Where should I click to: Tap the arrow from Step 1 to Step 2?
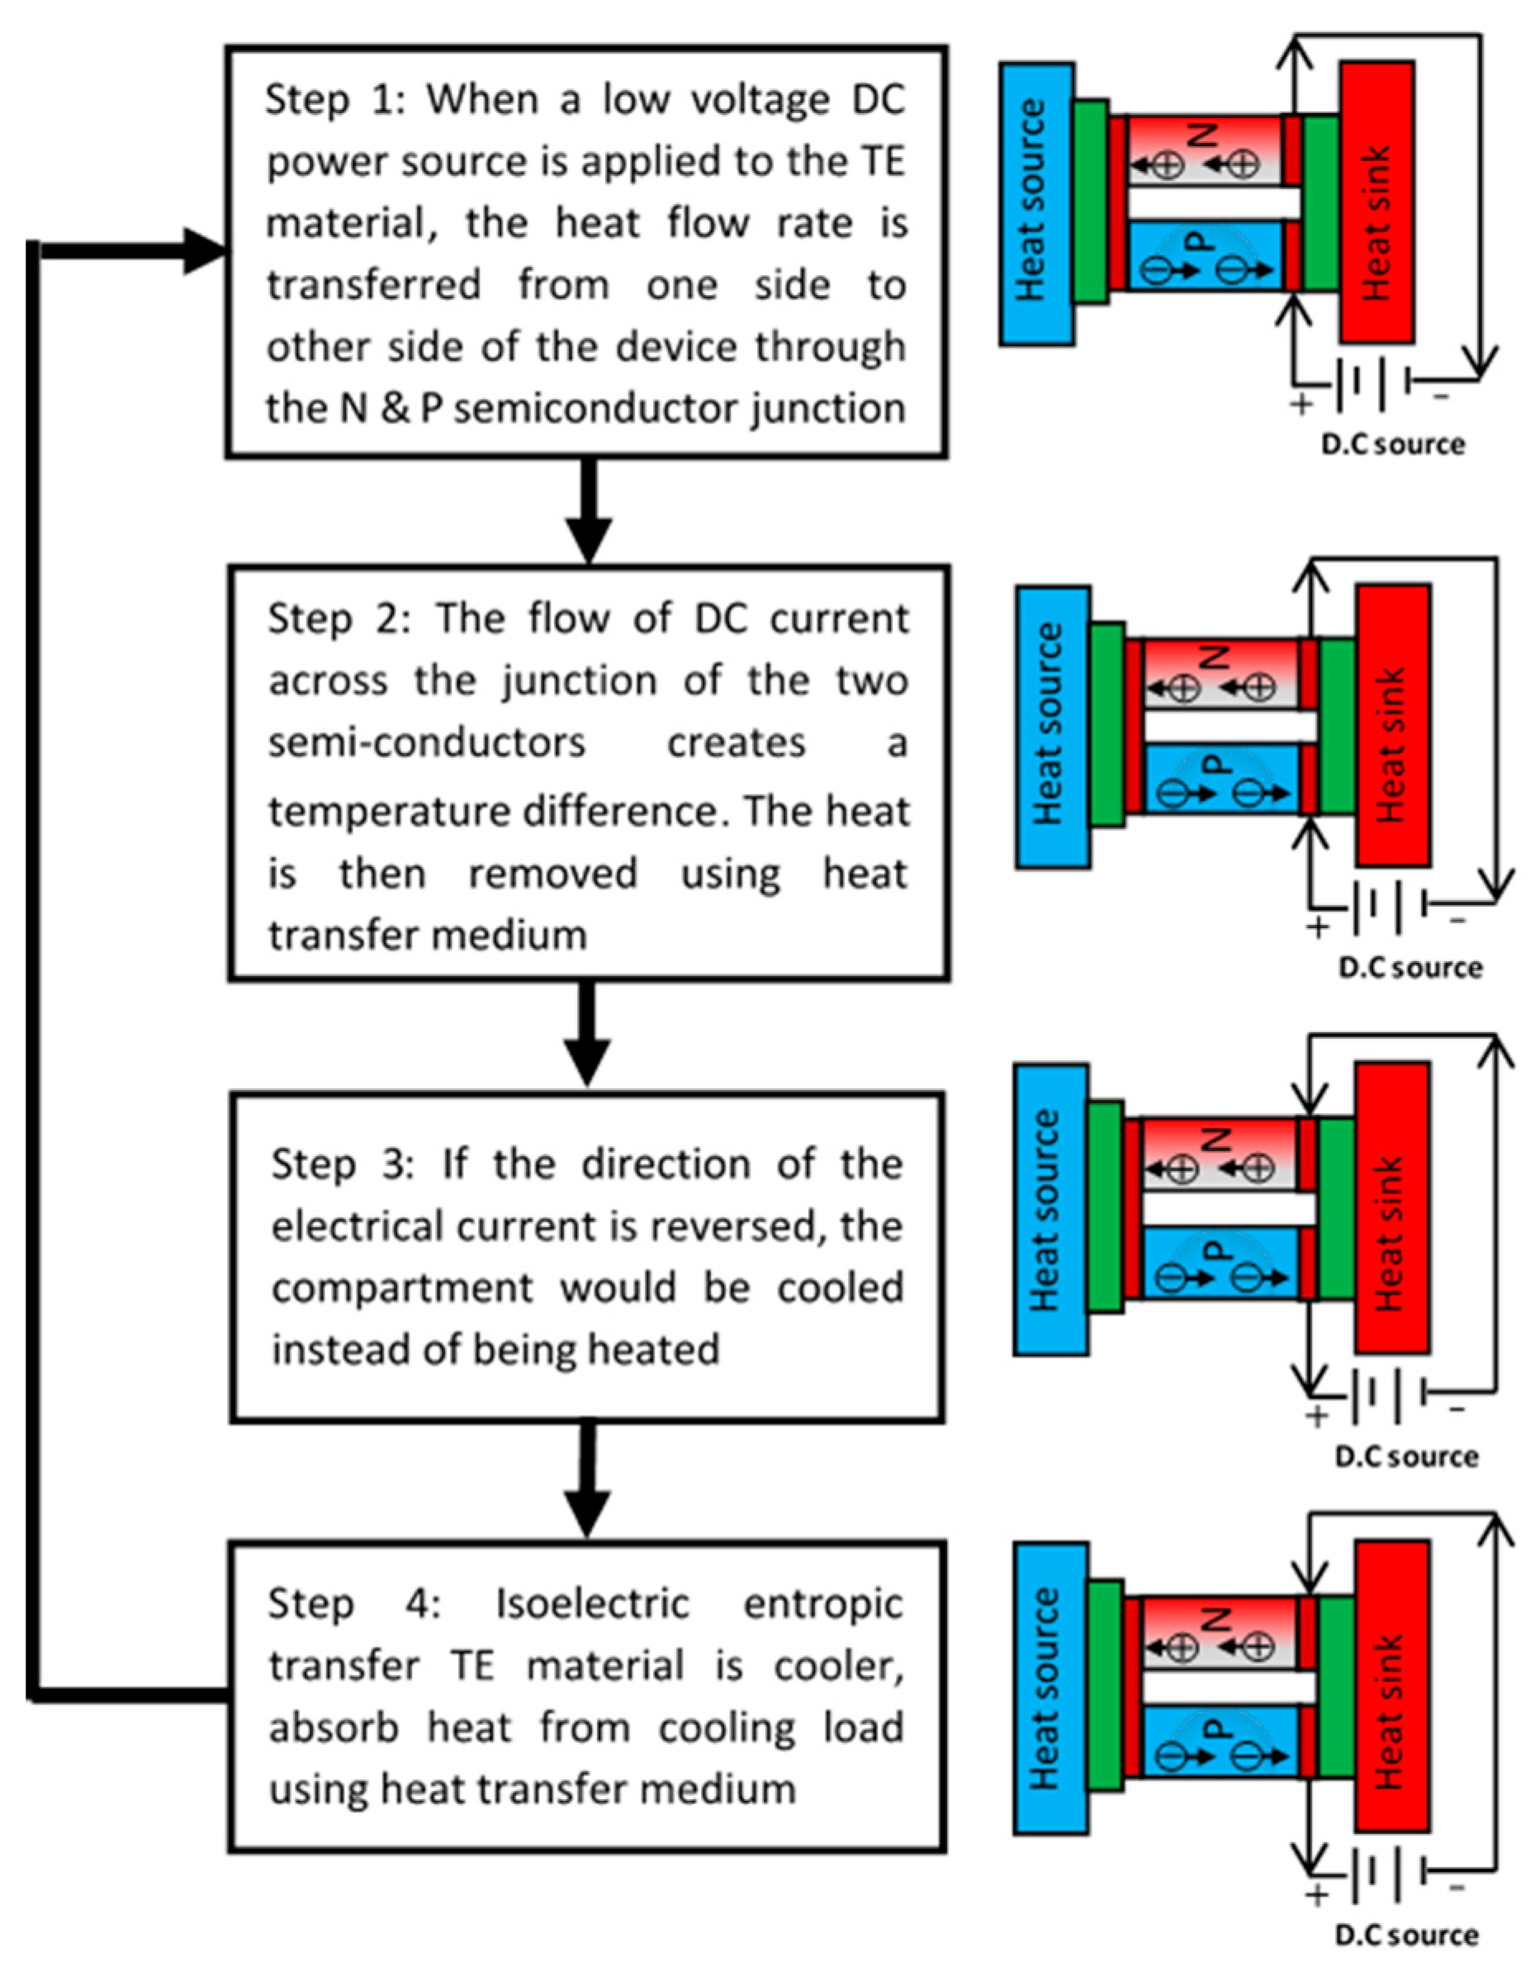[x=589, y=511]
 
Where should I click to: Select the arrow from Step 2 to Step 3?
[x=588, y=1034]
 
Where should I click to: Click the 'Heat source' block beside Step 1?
[x=1037, y=204]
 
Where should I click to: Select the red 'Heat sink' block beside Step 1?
[x=1377, y=201]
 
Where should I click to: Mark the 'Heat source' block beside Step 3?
[x=1050, y=1210]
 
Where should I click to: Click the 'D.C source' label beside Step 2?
[x=1410, y=967]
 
